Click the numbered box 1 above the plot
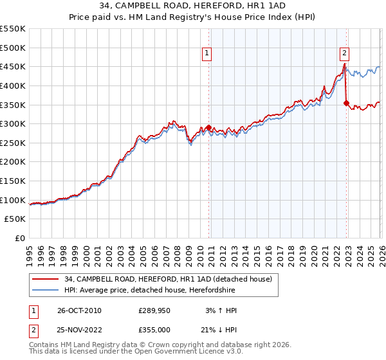tap(207, 53)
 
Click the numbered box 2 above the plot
tap(345, 53)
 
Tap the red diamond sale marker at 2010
tap(209, 127)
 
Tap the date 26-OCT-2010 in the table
tap(79, 310)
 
